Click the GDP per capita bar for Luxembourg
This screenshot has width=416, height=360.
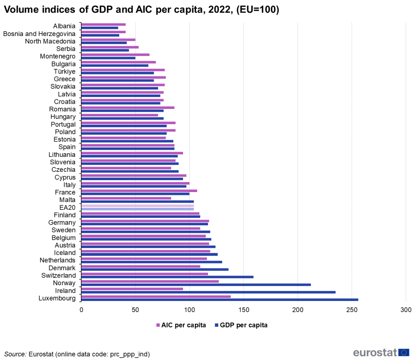[219, 300]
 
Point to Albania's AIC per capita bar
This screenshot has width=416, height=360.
[103, 25]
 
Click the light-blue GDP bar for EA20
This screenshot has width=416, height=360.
[137, 209]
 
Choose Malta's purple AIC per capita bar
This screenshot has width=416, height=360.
[126, 198]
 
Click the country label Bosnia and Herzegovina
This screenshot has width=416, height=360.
[39, 34]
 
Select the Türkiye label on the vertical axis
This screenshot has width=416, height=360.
[65, 71]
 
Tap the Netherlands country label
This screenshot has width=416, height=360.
[57, 260]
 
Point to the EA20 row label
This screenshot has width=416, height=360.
[67, 207]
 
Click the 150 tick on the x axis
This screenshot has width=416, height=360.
[244, 310]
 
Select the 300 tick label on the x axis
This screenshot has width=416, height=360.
[406, 310]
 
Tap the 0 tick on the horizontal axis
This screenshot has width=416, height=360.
[81, 310]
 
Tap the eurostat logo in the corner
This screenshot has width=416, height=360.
[381, 352]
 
